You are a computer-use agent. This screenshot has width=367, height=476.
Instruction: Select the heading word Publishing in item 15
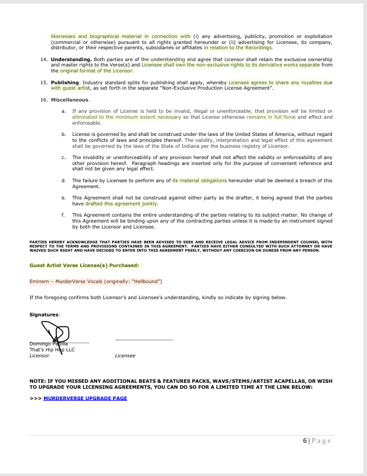point(65,82)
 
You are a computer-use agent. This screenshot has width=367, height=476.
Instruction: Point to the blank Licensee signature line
point(143,340)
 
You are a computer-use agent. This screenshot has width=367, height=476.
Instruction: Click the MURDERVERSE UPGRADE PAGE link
point(85,398)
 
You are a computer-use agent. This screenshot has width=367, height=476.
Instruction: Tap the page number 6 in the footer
point(305,440)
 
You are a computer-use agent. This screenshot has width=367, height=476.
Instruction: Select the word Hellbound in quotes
point(147,280)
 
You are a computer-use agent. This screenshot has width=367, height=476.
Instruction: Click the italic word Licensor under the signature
point(39,356)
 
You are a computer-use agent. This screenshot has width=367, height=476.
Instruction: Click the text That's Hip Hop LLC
point(52,350)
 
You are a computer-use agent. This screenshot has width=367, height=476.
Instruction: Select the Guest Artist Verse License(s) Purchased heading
point(75,265)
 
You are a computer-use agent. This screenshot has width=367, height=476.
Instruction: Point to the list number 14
point(43,60)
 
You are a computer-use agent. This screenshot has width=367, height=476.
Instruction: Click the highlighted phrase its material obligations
point(199,180)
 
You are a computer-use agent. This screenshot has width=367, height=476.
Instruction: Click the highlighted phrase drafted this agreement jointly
point(121,203)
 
